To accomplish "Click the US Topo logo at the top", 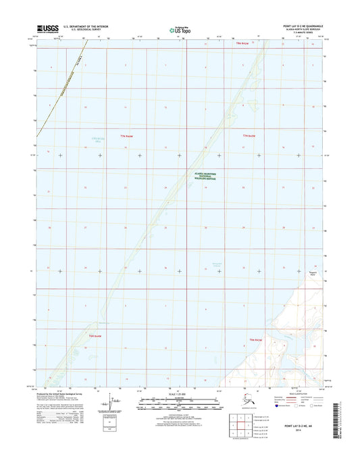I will tap(180, 29).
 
